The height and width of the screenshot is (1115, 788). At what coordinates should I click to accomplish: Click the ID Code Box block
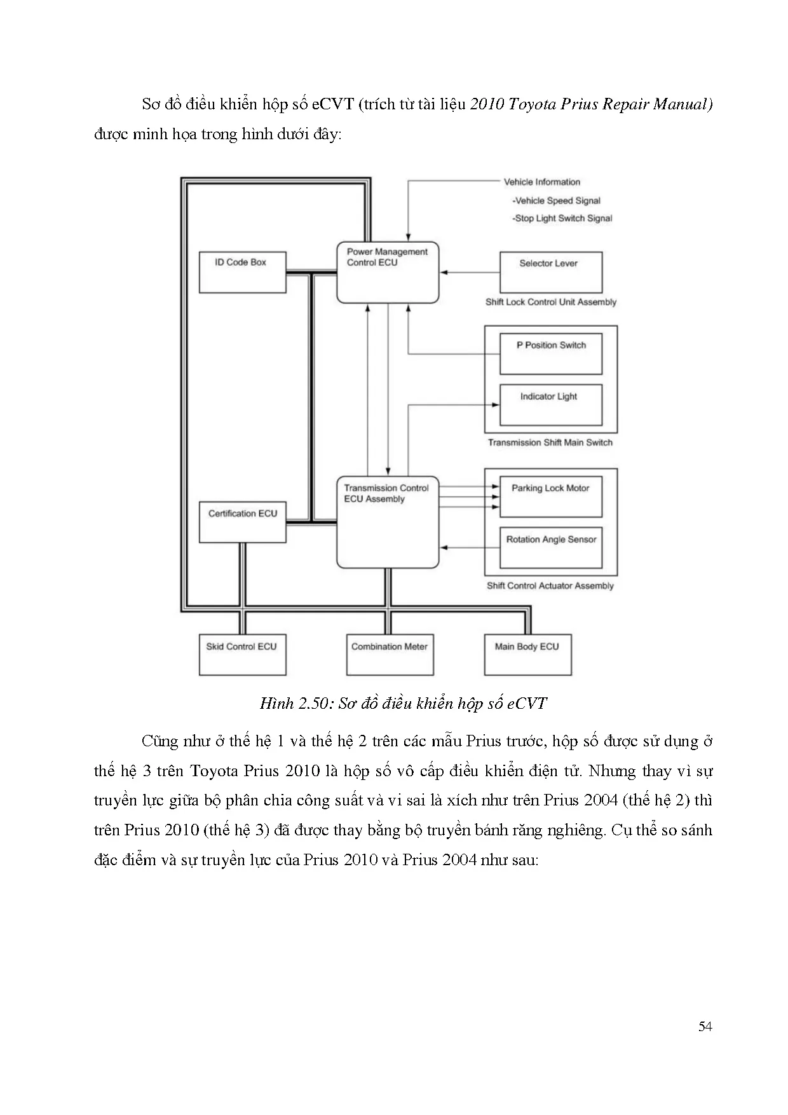tap(242, 272)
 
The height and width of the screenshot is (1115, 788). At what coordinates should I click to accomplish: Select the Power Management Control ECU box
tap(387, 272)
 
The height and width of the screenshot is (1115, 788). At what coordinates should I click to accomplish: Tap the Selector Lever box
tap(550, 272)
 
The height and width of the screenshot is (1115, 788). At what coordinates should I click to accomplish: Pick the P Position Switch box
tap(550, 353)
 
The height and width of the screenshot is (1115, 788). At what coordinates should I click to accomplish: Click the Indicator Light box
tap(550, 405)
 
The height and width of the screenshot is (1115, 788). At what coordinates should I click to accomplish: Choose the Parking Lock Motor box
tap(550, 496)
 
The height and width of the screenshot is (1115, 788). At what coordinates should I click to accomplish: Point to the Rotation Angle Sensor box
tap(550, 547)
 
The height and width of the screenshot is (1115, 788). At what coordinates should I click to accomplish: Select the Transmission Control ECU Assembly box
tap(387, 522)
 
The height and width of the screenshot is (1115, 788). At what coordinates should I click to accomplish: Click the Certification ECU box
tap(242, 522)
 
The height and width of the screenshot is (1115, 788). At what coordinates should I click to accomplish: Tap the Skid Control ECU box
tap(242, 654)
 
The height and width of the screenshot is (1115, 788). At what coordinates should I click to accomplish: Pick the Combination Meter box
tap(390, 654)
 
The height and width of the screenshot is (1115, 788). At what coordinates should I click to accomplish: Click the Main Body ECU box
tap(527, 654)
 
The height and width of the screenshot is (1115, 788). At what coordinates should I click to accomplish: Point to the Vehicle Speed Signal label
tap(557, 201)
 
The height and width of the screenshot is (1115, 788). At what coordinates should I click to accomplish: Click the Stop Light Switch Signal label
tap(563, 219)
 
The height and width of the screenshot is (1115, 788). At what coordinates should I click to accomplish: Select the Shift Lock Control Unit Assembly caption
tap(550, 303)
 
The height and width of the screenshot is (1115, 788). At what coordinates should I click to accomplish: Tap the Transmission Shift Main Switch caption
tap(550, 442)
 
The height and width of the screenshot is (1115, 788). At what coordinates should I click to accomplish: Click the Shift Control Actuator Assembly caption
tap(550, 586)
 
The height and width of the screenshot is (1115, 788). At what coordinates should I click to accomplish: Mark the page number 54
tap(705, 1027)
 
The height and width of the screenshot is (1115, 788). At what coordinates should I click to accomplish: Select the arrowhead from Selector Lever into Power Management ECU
tap(443, 272)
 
